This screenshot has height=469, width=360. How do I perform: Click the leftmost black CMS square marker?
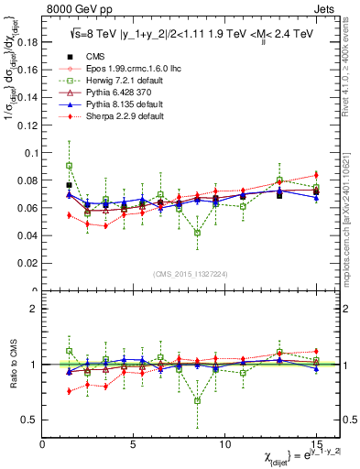click(70, 185)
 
